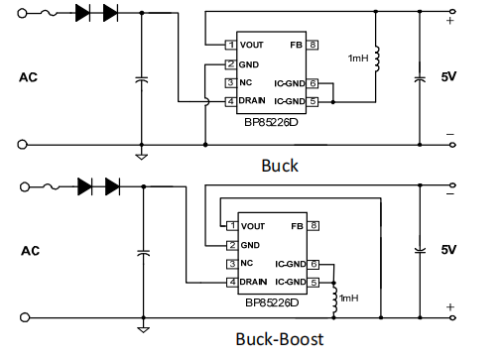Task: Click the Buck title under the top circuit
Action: click(279, 165)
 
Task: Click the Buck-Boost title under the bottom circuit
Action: click(279, 339)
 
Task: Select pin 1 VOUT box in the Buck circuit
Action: click(230, 45)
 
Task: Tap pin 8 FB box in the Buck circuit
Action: click(313, 45)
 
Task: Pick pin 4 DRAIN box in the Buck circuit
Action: click(230, 101)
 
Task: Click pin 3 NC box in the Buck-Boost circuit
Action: click(230, 264)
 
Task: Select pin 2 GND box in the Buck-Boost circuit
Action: click(230, 245)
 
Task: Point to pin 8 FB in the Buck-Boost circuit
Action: click(313, 226)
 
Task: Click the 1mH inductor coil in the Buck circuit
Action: click(378, 61)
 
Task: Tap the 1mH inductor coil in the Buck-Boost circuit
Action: click(334, 296)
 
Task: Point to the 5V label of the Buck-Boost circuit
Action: click(447, 249)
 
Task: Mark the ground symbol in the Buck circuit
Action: click(142, 155)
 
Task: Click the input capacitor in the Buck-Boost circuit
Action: click(142, 254)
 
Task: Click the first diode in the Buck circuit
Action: click(83, 13)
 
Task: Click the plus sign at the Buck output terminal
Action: click(450, 20)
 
